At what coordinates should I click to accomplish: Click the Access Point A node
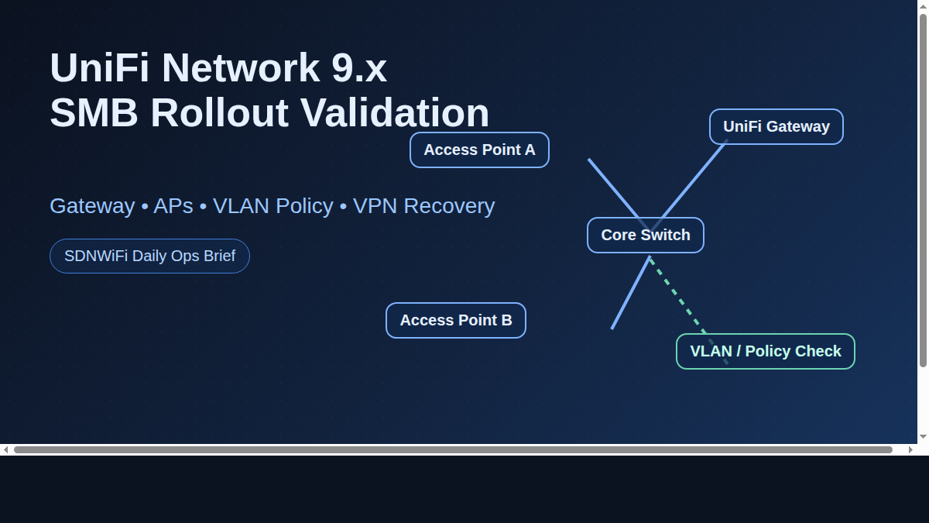479,150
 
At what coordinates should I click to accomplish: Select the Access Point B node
455,320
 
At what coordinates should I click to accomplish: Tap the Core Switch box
645,235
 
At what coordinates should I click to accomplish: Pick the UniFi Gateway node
776,126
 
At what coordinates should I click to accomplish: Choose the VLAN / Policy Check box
765,351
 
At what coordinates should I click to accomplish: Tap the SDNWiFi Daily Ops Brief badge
149,256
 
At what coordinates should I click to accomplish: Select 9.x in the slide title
359,67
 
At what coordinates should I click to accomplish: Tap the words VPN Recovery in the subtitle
423,206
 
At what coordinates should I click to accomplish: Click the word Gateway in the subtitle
92,206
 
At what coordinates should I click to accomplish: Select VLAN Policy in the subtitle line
273,206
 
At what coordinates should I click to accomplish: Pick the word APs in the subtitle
173,206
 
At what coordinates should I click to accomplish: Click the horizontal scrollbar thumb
453,449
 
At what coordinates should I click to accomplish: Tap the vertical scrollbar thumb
923,190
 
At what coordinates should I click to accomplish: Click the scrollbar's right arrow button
910,449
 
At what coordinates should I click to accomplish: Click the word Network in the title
241,67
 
